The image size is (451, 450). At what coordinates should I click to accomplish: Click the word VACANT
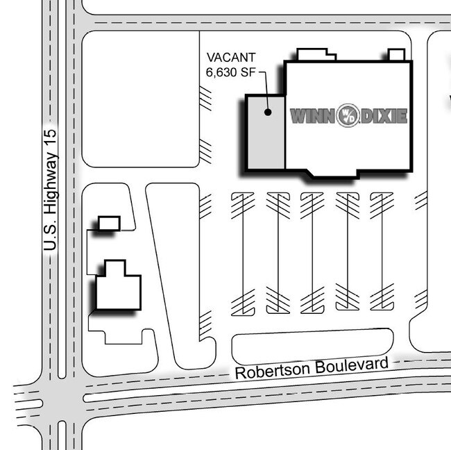point(231,58)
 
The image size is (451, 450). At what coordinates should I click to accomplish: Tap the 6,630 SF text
point(230,72)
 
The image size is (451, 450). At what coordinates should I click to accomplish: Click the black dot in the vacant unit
point(268,112)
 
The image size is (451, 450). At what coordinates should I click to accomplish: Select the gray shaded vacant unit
point(266,133)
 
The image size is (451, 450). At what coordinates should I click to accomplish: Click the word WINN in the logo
point(312,116)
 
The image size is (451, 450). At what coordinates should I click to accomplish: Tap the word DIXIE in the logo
point(384,116)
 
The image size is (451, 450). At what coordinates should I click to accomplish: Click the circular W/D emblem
point(348,115)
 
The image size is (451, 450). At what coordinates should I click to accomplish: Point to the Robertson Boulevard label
point(312,367)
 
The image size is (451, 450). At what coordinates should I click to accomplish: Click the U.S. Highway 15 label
point(51,190)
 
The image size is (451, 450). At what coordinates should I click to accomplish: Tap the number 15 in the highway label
point(51,137)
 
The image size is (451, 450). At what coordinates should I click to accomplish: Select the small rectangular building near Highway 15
point(110,224)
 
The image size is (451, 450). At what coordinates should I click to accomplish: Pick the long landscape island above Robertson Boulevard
point(312,347)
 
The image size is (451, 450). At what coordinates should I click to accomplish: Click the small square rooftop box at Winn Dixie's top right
point(396,55)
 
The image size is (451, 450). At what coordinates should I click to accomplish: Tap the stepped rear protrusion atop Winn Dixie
point(316,54)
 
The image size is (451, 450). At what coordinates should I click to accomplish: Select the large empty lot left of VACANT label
point(141,99)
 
